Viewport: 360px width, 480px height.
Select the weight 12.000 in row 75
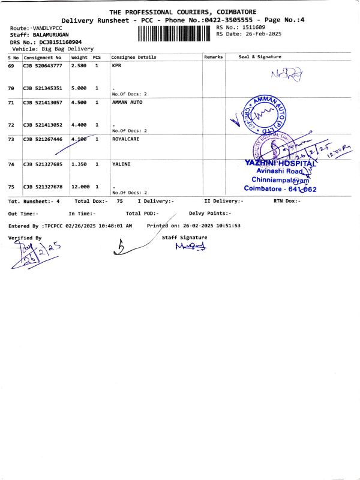81,187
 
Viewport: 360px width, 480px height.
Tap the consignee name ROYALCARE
127,139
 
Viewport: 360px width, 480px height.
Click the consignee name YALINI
122,164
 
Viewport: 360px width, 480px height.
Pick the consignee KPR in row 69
116,65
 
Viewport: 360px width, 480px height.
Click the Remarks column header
213,57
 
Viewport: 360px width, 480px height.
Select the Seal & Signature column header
260,57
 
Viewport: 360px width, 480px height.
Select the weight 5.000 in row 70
79,88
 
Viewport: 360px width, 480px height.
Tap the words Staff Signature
185,238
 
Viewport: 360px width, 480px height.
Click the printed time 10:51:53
223,226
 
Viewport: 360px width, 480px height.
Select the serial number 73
11,139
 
